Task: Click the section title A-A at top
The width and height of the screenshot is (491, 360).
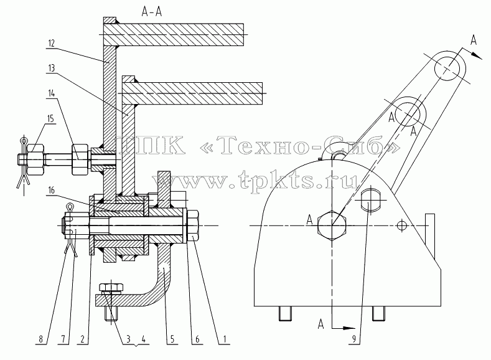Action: tap(152, 12)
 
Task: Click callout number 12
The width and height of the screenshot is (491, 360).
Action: tap(52, 43)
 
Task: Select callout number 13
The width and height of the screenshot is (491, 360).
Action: tap(52, 68)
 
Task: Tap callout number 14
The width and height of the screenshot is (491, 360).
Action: tap(52, 93)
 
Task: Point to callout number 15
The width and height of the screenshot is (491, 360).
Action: tap(50, 119)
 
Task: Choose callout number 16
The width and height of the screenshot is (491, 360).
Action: tap(52, 190)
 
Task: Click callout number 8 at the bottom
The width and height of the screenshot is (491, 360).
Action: tap(40, 339)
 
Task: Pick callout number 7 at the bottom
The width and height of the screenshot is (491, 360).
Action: tap(63, 339)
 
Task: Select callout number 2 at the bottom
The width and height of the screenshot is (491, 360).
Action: tap(83, 339)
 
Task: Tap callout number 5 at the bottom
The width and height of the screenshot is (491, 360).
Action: tap(172, 339)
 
